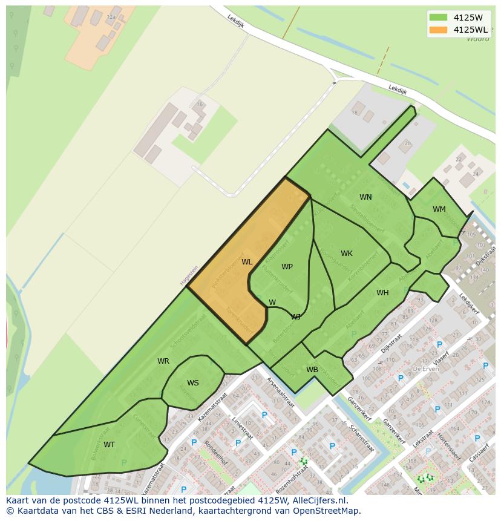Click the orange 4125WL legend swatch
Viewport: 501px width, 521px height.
point(439,30)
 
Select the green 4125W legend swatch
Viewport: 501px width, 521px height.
point(439,18)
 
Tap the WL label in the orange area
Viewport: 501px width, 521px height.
point(247,262)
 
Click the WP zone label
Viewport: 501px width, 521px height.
point(287,267)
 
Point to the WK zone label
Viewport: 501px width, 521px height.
point(346,254)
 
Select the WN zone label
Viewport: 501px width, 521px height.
point(365,197)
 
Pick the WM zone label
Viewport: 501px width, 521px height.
point(439,209)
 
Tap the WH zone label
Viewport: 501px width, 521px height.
point(382,293)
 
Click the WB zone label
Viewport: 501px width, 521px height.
point(312,370)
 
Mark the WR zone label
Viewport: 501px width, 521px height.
point(163,361)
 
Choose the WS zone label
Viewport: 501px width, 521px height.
point(192,383)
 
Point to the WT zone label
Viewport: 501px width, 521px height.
point(109,445)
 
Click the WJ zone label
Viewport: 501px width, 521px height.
point(296,316)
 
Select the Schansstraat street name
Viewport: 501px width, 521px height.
point(362,437)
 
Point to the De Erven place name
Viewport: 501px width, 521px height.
point(425,368)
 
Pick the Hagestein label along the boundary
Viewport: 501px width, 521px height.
point(189,275)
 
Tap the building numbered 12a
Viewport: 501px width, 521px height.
point(111,18)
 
